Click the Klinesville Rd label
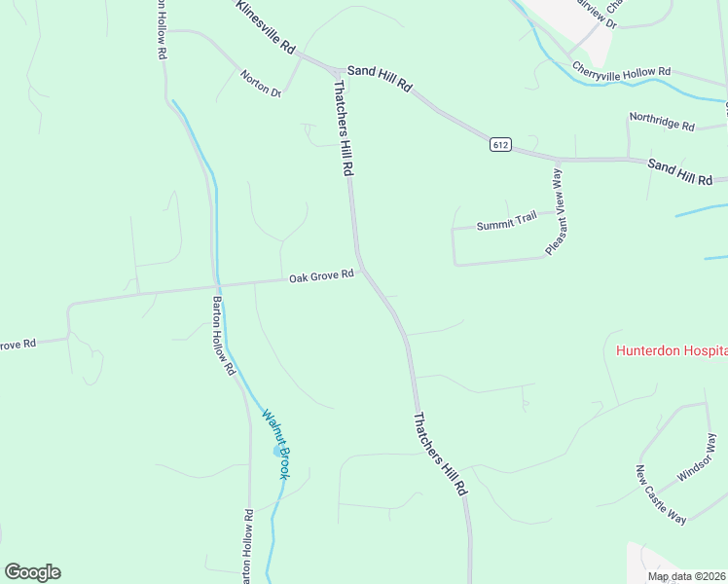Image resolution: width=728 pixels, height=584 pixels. coord(265,26)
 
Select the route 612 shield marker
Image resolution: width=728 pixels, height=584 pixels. coord(500,144)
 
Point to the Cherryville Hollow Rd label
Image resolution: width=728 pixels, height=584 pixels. coord(622,71)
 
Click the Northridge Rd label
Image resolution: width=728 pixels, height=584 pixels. coord(662,122)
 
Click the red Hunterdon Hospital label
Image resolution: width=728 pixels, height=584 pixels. coord(672,350)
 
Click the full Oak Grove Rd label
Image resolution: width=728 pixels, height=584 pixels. coord(320,277)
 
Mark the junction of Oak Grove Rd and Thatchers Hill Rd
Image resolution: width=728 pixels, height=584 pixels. coord(361,272)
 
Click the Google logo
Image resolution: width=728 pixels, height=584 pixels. coord(32,572)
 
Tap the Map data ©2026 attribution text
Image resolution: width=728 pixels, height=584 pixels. coord(686,576)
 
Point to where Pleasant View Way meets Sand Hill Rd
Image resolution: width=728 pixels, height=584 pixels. coord(559,159)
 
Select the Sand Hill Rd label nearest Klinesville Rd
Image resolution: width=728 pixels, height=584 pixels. coord(381,77)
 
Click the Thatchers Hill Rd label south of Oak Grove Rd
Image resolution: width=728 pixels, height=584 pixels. coord(441,456)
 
